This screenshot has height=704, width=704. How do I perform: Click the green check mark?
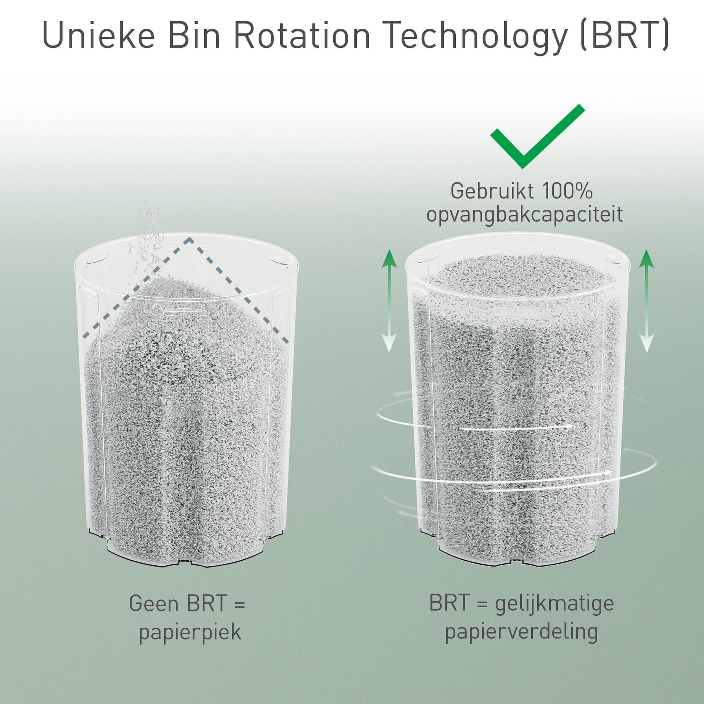click(x=538, y=136)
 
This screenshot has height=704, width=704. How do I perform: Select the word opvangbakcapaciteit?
click(x=525, y=214)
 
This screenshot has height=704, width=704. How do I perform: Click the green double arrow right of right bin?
click(x=647, y=300)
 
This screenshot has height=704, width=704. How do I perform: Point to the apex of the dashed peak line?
click(x=190, y=239)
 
